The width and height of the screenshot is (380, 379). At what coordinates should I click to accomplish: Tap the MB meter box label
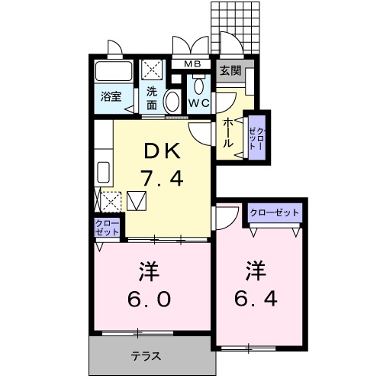point(192,65)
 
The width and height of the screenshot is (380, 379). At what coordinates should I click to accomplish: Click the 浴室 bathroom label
point(111,96)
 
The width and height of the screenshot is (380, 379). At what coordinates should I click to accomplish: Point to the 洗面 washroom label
point(152,99)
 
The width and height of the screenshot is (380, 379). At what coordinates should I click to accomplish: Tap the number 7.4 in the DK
point(162,180)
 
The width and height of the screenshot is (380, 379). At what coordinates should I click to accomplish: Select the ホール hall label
point(227,134)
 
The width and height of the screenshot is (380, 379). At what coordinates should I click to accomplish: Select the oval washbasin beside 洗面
point(172,100)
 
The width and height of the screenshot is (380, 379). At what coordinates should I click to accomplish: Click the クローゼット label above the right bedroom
point(274,212)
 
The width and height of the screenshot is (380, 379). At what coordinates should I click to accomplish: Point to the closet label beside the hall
point(257,138)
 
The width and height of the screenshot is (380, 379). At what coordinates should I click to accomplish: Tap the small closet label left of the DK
point(106,227)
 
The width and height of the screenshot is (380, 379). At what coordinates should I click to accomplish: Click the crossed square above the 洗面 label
point(153,71)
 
